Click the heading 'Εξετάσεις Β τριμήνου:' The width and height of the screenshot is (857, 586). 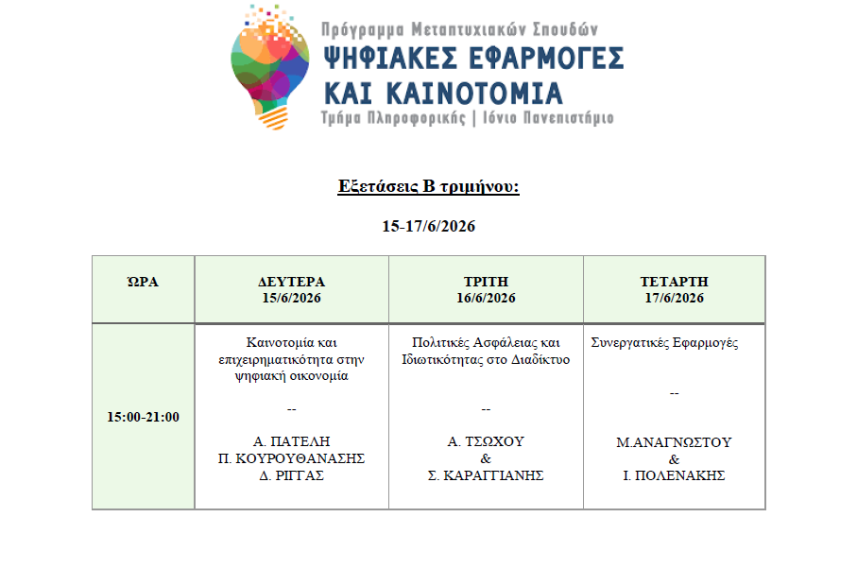pyautogui.click(x=428, y=186)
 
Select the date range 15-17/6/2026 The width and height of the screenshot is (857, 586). pyautogui.click(x=428, y=227)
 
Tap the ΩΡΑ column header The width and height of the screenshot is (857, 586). pyautogui.click(x=143, y=282)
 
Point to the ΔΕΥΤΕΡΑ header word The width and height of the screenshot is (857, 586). pyautogui.click(x=291, y=282)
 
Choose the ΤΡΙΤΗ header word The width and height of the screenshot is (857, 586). pyautogui.click(x=486, y=282)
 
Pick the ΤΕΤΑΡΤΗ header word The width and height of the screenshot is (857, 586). pyautogui.click(x=674, y=282)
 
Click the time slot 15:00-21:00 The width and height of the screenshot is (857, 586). pyautogui.click(x=143, y=417)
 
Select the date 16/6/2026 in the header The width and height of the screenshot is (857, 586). pyautogui.click(x=486, y=299)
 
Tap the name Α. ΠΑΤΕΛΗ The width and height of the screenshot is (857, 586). pyautogui.click(x=291, y=441)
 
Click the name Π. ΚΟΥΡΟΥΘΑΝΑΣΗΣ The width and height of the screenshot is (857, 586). pyautogui.click(x=291, y=458)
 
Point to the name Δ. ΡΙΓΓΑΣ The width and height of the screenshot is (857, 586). pyautogui.click(x=291, y=475)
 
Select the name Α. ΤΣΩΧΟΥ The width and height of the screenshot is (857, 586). pyautogui.click(x=486, y=441)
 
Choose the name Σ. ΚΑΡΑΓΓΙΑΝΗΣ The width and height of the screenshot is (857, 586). pyautogui.click(x=486, y=475)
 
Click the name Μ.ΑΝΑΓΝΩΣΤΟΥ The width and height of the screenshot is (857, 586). pyautogui.click(x=674, y=442)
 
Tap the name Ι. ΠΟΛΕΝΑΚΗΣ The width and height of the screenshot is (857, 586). pyautogui.click(x=674, y=475)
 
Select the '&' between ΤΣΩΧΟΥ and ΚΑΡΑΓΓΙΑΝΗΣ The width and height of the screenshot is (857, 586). pyautogui.click(x=486, y=458)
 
